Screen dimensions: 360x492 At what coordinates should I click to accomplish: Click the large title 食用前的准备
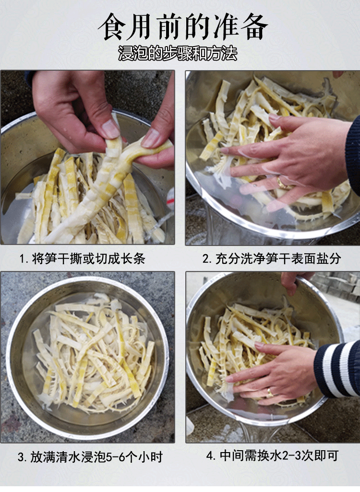183,27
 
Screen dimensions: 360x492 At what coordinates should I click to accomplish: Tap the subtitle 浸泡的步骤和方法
178,53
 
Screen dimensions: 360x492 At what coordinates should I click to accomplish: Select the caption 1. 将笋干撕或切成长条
83,259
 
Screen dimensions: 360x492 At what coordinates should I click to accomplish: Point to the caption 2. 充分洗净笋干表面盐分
272,259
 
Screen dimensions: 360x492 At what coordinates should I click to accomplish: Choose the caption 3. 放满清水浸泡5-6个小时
90,457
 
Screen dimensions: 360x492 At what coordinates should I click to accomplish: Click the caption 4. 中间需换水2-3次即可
272,455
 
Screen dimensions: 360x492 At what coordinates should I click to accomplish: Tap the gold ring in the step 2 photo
282,184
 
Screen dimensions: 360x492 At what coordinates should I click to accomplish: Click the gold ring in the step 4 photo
269,392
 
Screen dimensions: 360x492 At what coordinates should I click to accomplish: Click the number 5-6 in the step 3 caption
117,457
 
